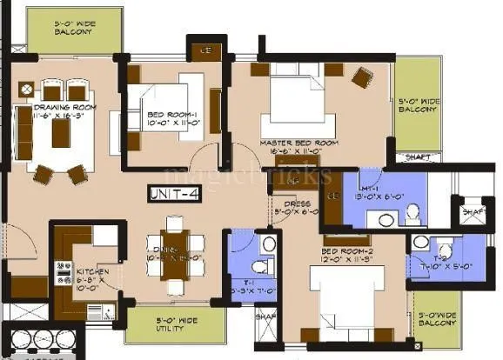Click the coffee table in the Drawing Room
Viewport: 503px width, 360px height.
61,133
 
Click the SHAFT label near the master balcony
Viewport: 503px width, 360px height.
417,157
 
